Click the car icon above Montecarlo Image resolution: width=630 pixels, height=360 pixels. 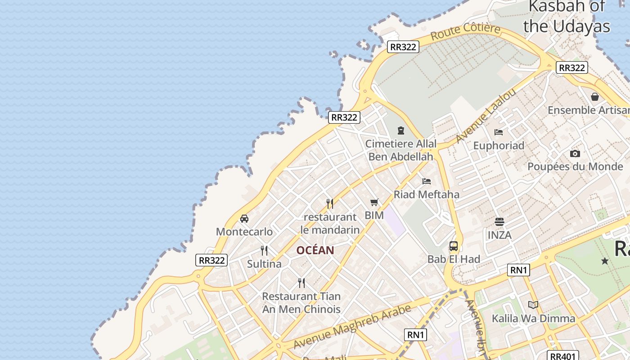(244, 219)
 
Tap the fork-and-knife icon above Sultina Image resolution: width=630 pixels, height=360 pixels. (264, 251)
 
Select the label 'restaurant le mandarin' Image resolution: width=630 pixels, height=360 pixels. (330, 223)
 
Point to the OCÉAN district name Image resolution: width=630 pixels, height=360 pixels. (315, 251)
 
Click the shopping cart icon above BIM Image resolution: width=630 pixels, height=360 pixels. (374, 202)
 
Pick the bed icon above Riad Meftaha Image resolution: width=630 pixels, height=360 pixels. (427, 181)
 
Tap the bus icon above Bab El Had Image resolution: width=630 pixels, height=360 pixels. (454, 246)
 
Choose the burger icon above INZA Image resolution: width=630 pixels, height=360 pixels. (499, 222)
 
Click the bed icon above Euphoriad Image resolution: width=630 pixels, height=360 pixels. (499, 132)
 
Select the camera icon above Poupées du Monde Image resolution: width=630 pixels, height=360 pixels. (575, 153)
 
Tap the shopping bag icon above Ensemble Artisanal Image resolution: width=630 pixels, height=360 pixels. (595, 97)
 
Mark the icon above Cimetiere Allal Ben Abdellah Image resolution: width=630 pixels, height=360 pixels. (401, 130)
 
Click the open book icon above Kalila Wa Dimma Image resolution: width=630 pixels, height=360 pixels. (533, 305)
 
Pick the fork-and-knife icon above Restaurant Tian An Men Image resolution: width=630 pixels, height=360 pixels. (301, 283)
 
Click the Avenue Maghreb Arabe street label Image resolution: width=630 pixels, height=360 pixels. (352, 327)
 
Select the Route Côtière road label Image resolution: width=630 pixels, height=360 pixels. (465, 31)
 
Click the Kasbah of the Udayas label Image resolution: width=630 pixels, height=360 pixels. (567, 16)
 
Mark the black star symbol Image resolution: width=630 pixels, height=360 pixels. (605, 261)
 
